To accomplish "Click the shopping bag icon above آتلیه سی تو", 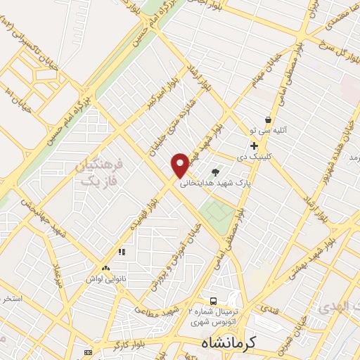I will coord(267,120).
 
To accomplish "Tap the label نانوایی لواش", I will coord(106,278).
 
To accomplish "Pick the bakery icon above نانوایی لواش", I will coord(106,268).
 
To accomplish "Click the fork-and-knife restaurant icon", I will coord(122,252).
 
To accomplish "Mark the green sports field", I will coord(217,217).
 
